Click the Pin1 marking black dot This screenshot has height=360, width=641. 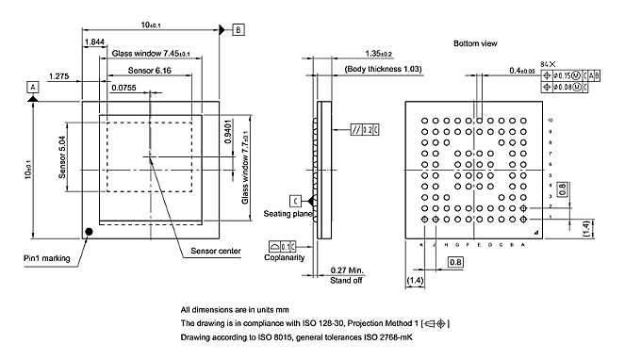(x=90, y=231)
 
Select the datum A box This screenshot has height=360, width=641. (x=33, y=86)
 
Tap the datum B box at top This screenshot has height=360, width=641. (x=238, y=30)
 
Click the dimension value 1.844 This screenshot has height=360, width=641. (x=94, y=42)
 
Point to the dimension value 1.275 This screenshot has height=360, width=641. (x=58, y=75)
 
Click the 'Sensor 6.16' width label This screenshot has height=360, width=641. (x=149, y=71)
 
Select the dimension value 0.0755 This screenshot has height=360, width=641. (x=123, y=88)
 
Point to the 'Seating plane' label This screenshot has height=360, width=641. (x=286, y=213)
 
